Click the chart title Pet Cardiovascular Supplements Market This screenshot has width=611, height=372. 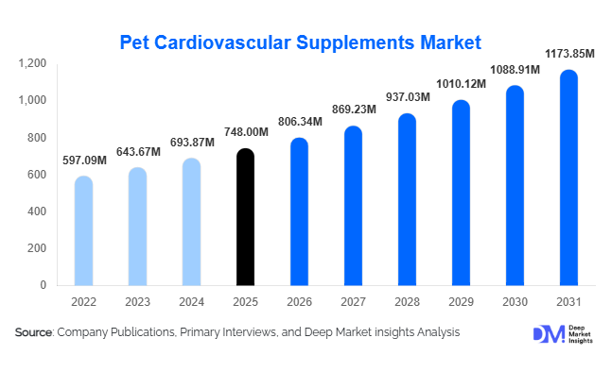301,42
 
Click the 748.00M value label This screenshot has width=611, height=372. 245,133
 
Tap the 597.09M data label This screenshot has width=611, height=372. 83,161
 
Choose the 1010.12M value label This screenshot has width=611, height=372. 461,84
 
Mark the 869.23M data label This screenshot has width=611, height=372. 353,110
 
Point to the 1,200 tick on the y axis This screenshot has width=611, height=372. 33,63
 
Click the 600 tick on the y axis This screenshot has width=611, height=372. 37,175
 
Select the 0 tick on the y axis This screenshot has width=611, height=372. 44,285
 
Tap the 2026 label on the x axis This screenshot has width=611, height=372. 299,301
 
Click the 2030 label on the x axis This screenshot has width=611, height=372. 515,301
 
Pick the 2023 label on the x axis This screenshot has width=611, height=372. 137,301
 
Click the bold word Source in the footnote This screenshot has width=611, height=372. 34,333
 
